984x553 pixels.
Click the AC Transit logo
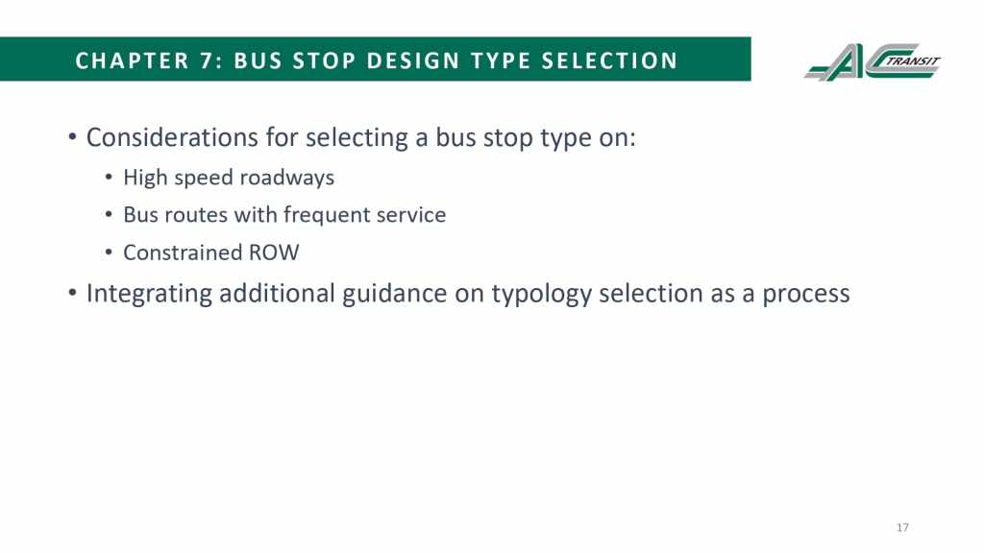coord(873,62)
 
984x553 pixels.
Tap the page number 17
coord(902,527)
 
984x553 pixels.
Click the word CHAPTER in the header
coord(132,60)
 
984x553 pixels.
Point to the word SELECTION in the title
coord(609,60)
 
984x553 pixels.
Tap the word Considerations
coord(172,137)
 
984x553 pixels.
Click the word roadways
coord(286,178)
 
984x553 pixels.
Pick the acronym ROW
coord(274,252)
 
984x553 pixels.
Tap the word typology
coord(541,294)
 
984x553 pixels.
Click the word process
coord(806,295)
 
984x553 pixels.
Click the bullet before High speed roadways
coord(109,178)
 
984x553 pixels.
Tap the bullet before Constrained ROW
coord(109,253)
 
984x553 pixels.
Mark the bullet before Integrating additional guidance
coord(72,294)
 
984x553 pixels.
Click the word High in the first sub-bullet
coord(145,178)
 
